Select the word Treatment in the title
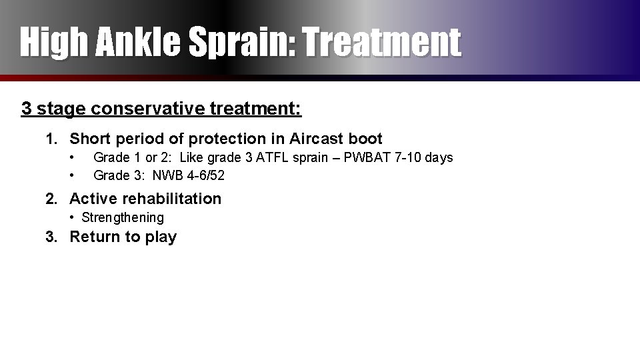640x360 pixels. click(382, 42)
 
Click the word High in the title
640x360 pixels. click(54, 42)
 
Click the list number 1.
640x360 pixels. click(51, 139)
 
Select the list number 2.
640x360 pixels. click(51, 199)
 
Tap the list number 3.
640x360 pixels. click(51, 237)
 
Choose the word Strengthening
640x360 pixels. click(123, 217)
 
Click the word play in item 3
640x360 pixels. click(161, 237)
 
